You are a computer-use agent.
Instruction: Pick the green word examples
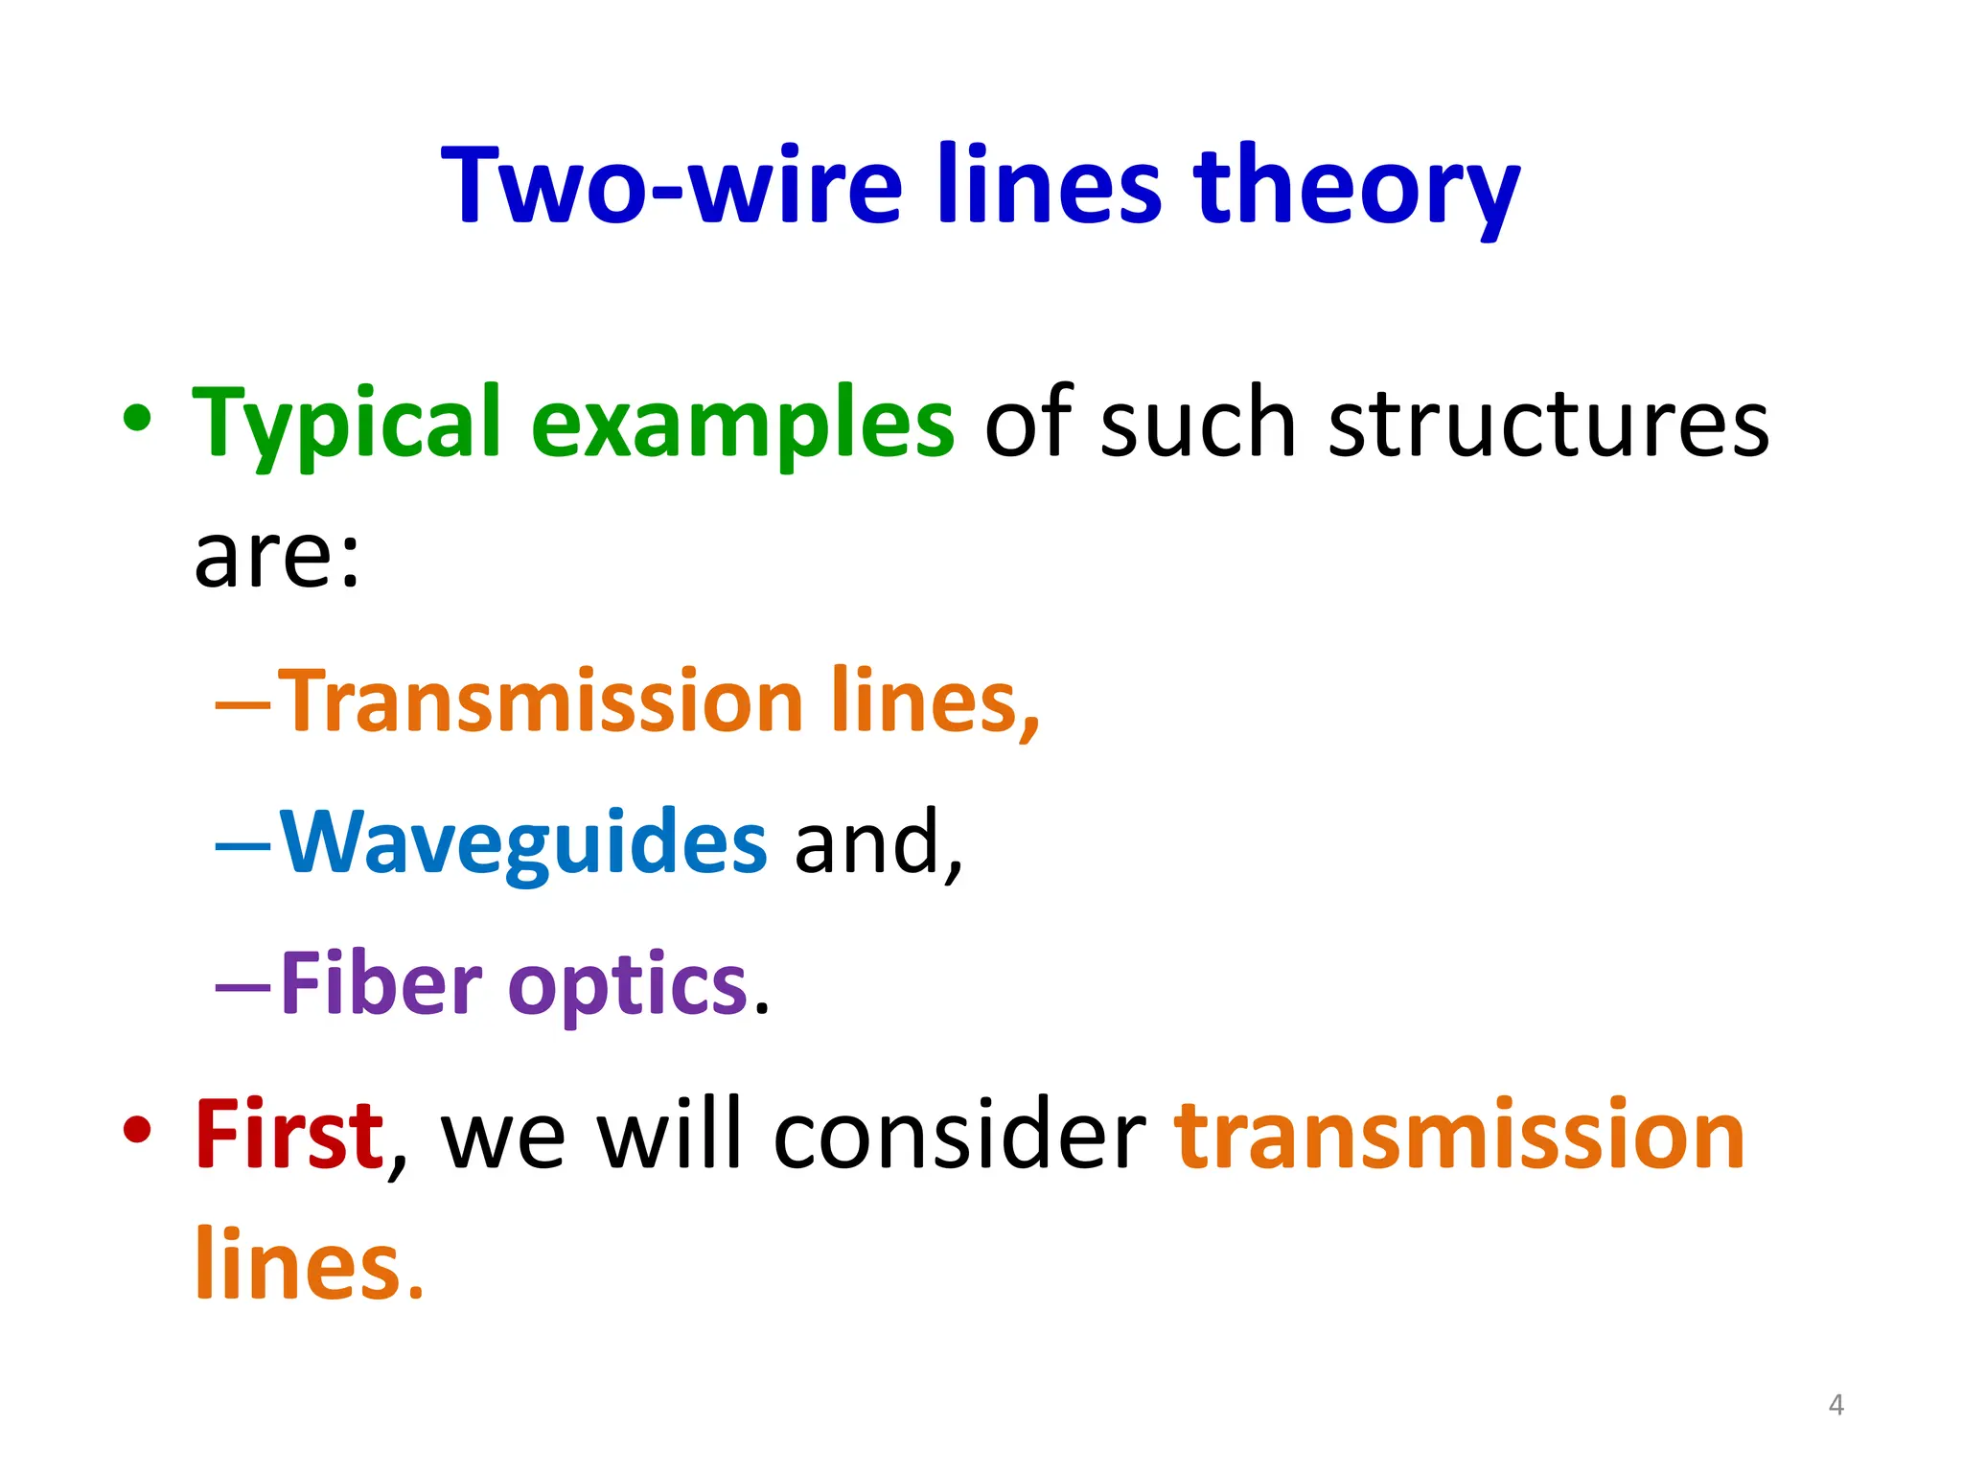click(x=742, y=424)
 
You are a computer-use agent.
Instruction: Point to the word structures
click(x=1548, y=424)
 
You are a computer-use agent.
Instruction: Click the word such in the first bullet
click(x=1198, y=424)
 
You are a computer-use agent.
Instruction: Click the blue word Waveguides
click(x=523, y=843)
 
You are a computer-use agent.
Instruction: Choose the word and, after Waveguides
click(x=878, y=843)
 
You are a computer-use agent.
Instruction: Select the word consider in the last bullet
click(x=959, y=1136)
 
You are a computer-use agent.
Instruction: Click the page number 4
click(x=1836, y=1405)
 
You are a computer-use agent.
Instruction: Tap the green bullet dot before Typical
click(x=137, y=419)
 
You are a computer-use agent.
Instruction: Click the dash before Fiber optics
click(x=243, y=987)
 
